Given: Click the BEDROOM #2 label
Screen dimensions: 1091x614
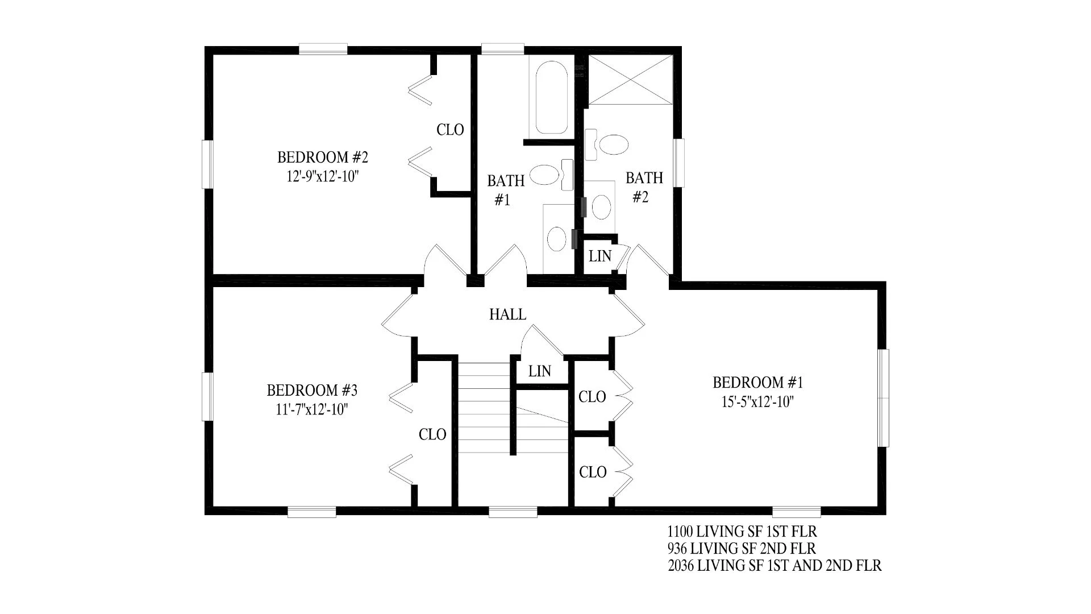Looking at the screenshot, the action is (319, 157).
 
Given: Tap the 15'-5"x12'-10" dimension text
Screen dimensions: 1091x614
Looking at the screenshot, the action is (757, 402).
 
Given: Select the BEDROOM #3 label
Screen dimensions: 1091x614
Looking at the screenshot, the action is (312, 391).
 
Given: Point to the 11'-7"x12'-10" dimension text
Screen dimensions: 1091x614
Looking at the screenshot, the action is (312, 409).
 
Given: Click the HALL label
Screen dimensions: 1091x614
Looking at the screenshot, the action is (507, 314).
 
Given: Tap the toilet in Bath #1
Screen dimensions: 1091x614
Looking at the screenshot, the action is (552, 174).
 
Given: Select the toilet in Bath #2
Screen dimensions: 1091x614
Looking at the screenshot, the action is (607, 143).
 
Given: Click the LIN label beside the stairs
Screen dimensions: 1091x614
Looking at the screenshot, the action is (539, 371).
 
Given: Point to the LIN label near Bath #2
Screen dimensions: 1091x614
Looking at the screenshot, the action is (600, 256).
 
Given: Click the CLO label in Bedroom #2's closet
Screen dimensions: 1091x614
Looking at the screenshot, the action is (450, 130).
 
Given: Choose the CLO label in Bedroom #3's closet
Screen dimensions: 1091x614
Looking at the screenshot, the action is (432, 435).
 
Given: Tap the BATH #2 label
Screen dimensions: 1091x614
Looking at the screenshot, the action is (644, 188).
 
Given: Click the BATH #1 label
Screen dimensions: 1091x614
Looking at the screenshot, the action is (506, 190).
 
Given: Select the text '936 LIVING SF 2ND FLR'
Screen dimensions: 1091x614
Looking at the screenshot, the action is (742, 549).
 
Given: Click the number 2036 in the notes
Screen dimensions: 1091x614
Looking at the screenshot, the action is (681, 566).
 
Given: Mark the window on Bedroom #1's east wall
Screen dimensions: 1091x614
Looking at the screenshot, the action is (882, 398).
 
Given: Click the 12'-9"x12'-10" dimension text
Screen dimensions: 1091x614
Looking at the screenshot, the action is (323, 176).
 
